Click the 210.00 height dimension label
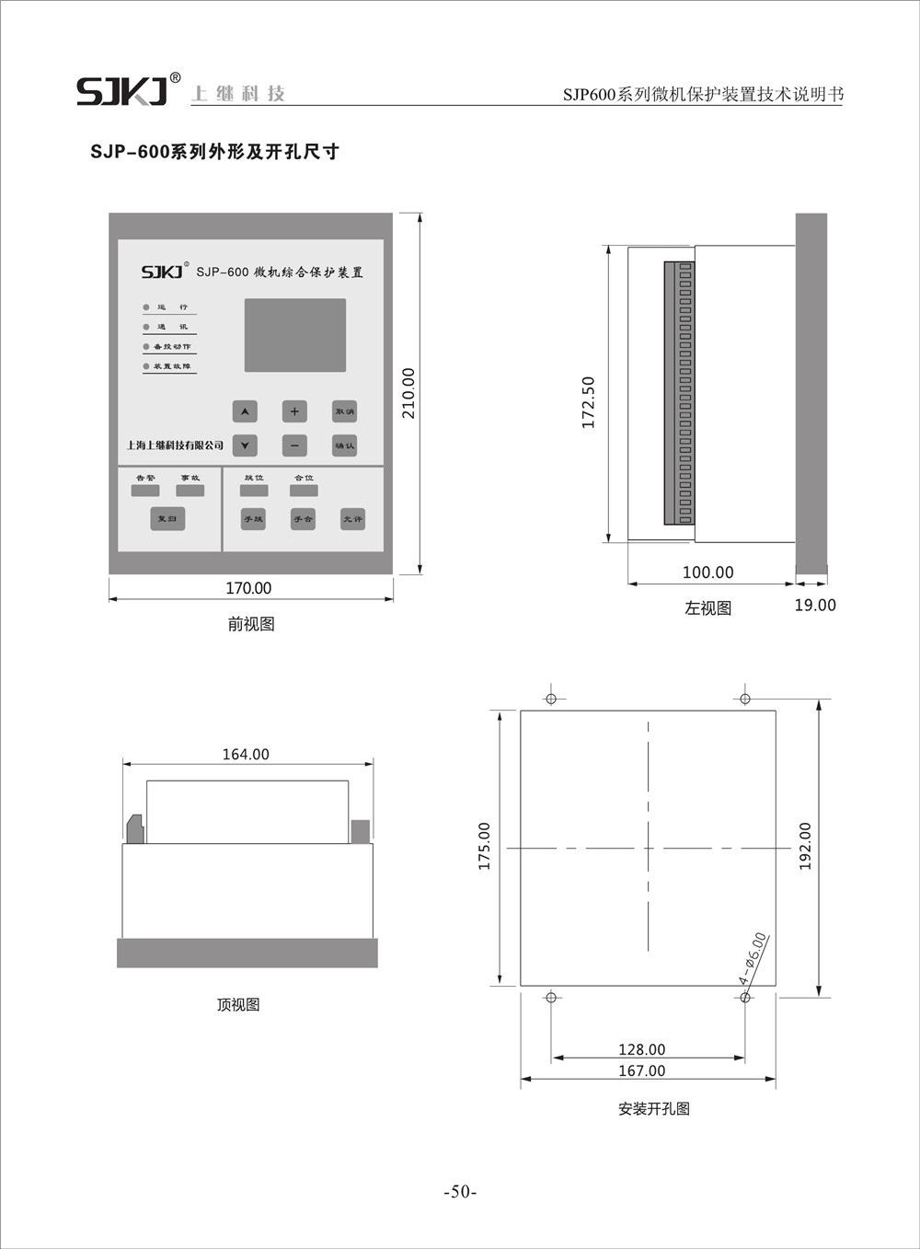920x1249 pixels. point(408,393)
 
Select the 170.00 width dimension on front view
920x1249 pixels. point(248,588)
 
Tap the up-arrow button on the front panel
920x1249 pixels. point(244,411)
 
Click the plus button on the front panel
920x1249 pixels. point(294,411)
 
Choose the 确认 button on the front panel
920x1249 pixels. point(345,445)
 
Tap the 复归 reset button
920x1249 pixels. point(167,519)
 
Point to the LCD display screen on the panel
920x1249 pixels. point(294,335)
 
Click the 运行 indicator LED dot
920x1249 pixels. point(145,306)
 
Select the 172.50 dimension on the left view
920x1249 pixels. point(589,402)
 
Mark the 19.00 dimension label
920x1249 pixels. point(815,605)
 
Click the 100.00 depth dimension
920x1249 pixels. point(707,572)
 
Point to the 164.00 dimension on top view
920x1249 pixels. point(246,754)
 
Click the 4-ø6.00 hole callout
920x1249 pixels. point(753,959)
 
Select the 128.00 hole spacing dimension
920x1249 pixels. point(641,1049)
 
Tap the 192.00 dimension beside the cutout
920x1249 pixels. point(805,847)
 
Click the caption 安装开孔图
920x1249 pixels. point(653,1109)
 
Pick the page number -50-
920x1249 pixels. point(460,1192)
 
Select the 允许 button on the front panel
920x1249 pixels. point(352,519)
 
